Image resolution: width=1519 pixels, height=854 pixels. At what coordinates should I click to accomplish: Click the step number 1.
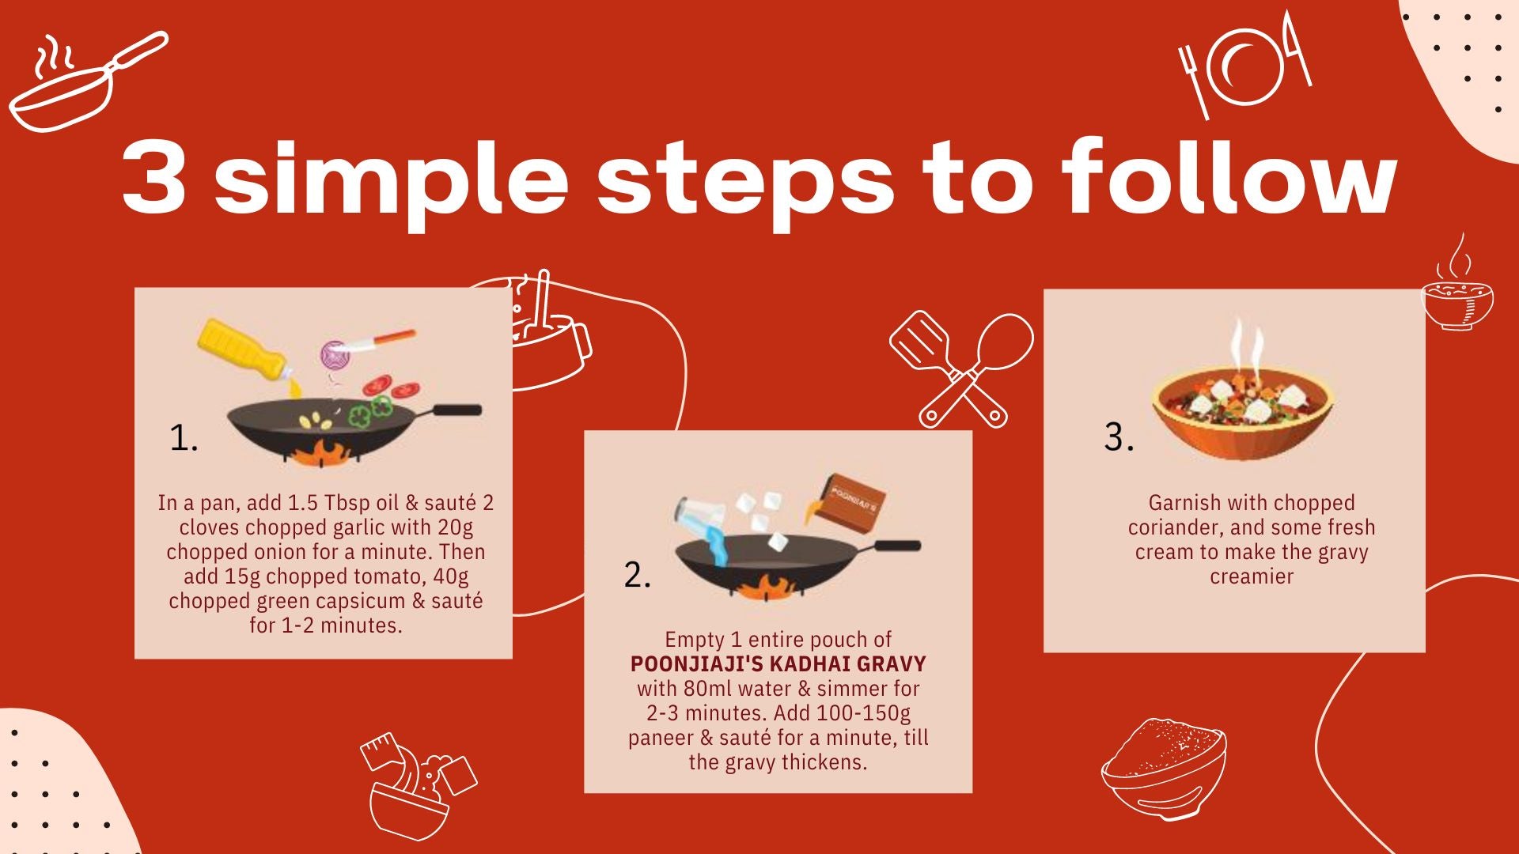pos(184,438)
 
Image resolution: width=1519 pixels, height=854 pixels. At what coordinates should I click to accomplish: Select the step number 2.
pos(637,575)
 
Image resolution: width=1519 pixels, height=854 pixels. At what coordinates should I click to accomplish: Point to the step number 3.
pos(1119,437)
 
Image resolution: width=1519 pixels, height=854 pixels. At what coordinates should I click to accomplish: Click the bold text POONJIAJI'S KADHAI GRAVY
pos(778,663)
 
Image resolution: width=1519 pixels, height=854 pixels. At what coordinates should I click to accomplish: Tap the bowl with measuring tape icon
pos(418,787)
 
